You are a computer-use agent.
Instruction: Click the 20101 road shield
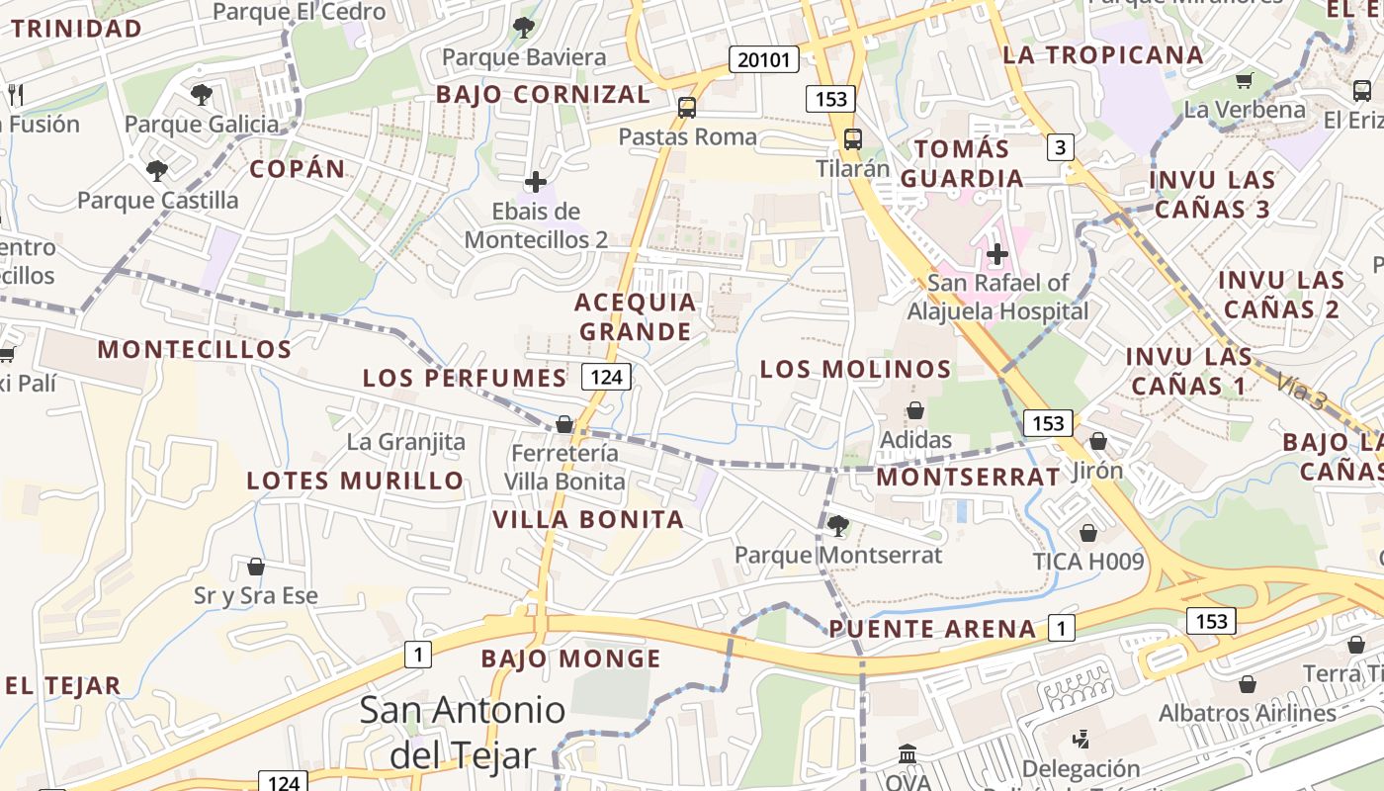(764, 59)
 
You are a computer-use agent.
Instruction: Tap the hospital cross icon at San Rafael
(996, 254)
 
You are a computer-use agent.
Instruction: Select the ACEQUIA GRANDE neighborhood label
(636, 316)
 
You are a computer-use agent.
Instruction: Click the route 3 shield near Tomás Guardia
(1061, 147)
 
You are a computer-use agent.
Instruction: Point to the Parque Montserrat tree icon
(838, 525)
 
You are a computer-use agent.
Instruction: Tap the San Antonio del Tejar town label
(463, 732)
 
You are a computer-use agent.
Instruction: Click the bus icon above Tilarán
(853, 139)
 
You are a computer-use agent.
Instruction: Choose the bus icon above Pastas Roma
(686, 107)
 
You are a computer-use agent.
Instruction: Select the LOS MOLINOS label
(855, 369)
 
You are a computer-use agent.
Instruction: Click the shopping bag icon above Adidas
(915, 410)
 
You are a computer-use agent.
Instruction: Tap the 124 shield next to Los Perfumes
(606, 377)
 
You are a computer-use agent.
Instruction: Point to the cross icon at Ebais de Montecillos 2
(536, 182)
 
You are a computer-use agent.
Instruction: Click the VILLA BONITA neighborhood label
(588, 519)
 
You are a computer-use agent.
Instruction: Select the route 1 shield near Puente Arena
(1061, 627)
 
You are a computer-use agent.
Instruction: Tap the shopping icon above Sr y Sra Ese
(255, 567)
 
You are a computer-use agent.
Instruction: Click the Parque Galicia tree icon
(202, 95)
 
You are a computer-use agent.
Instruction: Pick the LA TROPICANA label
(1103, 54)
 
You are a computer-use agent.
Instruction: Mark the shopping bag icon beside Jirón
(1097, 441)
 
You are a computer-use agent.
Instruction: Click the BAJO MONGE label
(570, 659)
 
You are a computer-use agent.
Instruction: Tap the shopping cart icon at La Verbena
(1244, 80)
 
